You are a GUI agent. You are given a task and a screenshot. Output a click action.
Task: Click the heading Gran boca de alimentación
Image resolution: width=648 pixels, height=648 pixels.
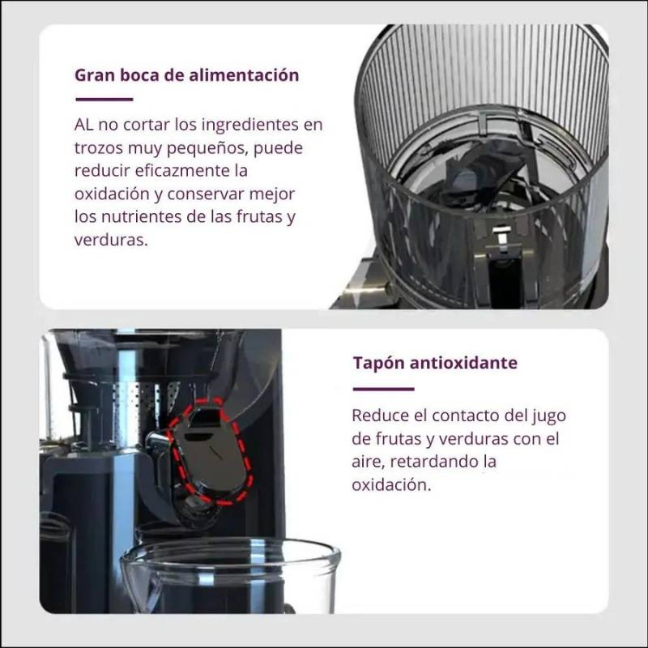tap(186, 75)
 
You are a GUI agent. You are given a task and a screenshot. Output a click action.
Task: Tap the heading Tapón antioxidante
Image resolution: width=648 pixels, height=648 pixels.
tap(434, 362)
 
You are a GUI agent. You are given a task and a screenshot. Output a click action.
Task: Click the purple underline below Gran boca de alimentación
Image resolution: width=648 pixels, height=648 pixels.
tap(104, 100)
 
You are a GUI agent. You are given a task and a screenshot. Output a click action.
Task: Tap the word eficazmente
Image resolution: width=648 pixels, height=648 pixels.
tap(181, 172)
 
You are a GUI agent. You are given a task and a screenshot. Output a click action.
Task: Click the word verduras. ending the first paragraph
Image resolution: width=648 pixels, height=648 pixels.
tap(111, 241)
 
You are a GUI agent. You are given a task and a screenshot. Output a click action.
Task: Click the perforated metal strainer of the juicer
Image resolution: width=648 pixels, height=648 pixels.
tap(154, 405)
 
